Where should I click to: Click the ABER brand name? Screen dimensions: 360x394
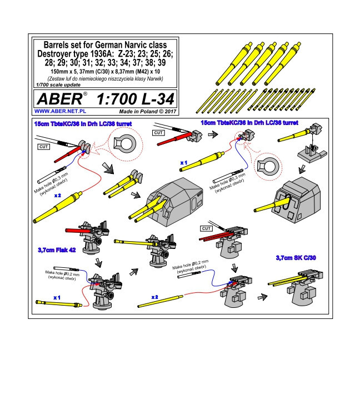(59, 99)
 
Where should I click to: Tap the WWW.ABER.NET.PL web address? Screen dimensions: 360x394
(60, 111)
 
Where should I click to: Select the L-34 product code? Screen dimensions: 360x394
(158, 99)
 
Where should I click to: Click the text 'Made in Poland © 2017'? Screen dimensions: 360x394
(148, 112)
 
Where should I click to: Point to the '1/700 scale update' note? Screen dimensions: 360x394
(58, 84)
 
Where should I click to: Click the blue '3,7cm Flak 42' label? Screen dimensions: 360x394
(57, 250)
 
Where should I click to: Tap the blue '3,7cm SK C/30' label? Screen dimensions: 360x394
(296, 258)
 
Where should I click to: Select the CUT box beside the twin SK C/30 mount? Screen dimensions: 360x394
(206, 228)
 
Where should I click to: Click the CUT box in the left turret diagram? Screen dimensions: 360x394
(44, 147)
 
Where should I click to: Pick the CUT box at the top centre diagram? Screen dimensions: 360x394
(158, 133)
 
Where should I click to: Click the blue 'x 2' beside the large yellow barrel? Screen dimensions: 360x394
(58, 196)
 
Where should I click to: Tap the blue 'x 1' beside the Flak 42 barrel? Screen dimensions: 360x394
(57, 297)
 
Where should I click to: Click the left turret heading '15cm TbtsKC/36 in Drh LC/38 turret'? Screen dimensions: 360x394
(83, 124)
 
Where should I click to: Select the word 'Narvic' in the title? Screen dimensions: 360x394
(136, 45)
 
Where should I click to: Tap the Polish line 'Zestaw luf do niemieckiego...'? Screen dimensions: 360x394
(105, 79)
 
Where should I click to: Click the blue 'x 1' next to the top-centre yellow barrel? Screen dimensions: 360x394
(184, 163)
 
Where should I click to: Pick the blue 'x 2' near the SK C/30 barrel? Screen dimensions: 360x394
(155, 297)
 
